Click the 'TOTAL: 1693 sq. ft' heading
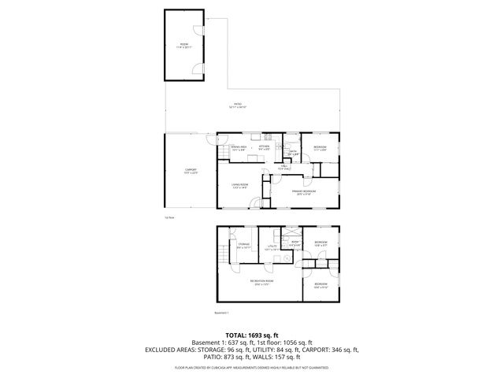tap(251, 335)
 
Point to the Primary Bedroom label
tap(303, 191)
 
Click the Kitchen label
tap(265, 147)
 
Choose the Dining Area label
tap(239, 147)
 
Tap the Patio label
tap(238, 106)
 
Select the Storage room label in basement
tap(243, 246)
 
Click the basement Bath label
tap(295, 243)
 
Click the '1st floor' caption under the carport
tap(169, 215)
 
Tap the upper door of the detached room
tap(201, 46)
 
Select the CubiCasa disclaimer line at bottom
tap(251, 367)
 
